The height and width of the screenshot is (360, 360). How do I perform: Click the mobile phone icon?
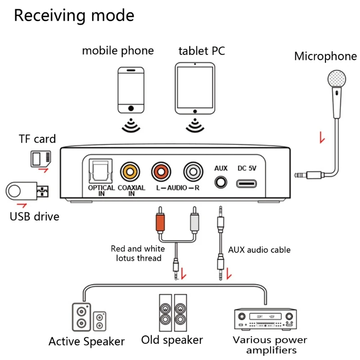point(131,90)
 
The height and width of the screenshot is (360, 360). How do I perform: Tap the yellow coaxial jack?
point(130,172)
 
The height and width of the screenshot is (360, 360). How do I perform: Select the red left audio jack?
point(162,172)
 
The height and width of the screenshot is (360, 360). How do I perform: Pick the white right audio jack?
point(193,172)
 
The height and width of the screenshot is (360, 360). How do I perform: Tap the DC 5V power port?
point(247,184)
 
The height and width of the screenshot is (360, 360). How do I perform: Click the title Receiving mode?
point(74,15)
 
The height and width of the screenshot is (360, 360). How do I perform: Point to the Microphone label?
point(325,57)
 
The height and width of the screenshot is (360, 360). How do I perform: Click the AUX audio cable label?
point(259,250)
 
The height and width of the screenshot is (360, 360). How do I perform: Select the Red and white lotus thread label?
point(138,253)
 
